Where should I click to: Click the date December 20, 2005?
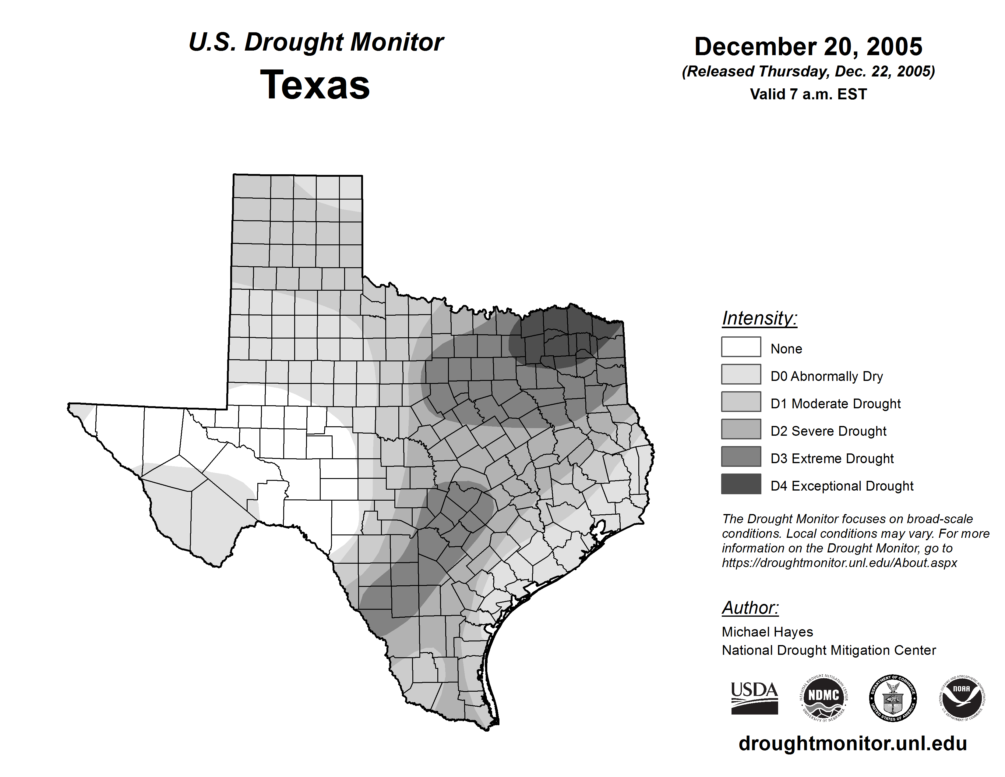pos(808,47)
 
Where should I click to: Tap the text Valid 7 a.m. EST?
pos(808,94)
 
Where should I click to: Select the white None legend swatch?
pos(741,347)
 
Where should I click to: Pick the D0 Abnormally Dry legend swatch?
pos(741,374)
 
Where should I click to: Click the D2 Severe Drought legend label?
pos(828,431)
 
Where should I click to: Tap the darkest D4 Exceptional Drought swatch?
pos(741,484)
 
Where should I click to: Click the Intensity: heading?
pos(759,318)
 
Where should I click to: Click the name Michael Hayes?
pos(767,632)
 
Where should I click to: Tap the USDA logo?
pos(754,698)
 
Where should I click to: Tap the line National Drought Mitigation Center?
pos(829,651)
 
